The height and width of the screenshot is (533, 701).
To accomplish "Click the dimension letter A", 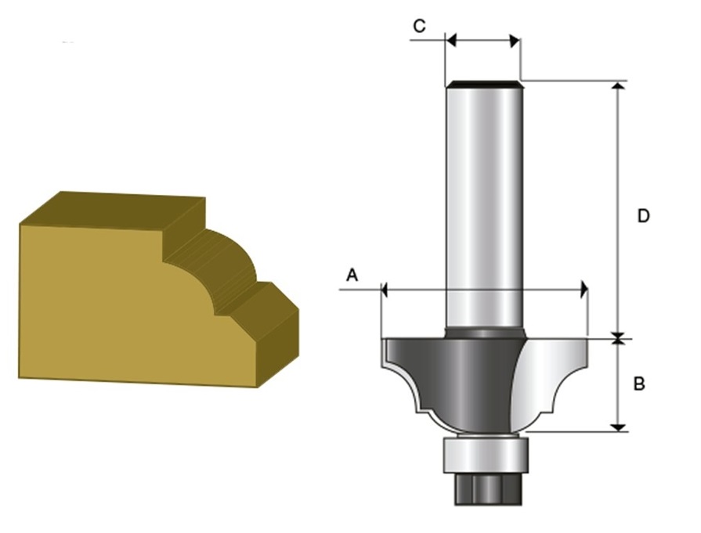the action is (x=352, y=275).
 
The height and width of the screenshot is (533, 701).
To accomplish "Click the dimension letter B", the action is (x=639, y=384).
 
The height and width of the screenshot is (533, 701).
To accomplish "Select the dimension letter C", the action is (x=419, y=27).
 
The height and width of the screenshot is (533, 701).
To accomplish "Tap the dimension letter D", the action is (x=643, y=216).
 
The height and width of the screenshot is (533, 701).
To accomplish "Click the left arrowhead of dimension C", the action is (x=450, y=41).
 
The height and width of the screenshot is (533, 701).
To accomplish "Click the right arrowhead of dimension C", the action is (x=515, y=41).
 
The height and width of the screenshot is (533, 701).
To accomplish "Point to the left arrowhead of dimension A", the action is (x=384, y=290).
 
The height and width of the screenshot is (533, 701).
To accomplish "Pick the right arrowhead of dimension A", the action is (x=584, y=290).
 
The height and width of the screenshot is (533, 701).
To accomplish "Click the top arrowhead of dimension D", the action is (x=618, y=86).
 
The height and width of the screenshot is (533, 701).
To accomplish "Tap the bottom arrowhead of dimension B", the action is (x=618, y=427).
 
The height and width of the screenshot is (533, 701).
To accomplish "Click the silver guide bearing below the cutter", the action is (x=486, y=455).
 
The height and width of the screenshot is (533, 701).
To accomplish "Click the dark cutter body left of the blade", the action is (x=451, y=380).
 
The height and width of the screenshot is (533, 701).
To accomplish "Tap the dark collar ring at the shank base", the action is (x=484, y=333).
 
